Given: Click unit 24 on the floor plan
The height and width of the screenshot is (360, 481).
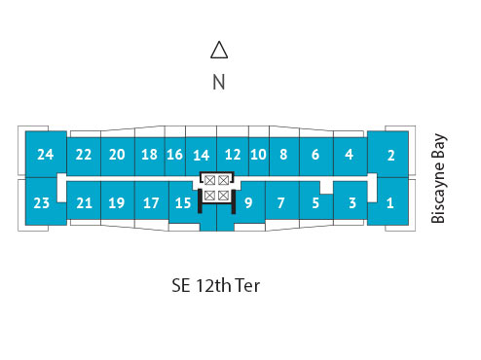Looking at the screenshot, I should (45, 154).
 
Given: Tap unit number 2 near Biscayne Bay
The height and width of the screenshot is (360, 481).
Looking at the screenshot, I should (389, 154).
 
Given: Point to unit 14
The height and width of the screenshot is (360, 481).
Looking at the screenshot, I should (202, 155).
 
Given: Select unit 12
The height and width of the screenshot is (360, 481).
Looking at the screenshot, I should (233, 154).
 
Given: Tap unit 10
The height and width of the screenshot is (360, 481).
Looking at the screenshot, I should (258, 154).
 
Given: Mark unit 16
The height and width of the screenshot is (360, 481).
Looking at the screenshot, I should (174, 154).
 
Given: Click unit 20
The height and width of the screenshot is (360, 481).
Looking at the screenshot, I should (117, 154).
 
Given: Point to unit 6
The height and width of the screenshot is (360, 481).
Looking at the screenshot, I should (315, 154).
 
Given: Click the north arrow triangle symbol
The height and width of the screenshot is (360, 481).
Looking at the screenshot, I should (219, 50).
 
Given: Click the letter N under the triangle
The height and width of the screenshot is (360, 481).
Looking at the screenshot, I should (219, 83).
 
